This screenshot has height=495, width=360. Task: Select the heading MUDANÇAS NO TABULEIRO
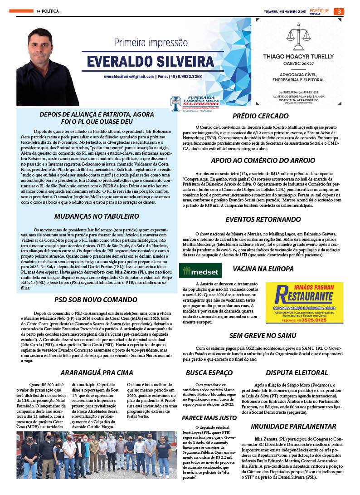click(x=96, y=216)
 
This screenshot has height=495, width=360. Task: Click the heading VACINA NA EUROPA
click(x=263, y=269)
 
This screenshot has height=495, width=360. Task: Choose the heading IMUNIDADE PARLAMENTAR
click(x=293, y=426)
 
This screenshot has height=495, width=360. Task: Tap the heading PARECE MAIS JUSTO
click(x=209, y=417)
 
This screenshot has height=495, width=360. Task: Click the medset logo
click(x=200, y=270)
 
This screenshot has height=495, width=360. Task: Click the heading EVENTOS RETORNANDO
click(x=263, y=220)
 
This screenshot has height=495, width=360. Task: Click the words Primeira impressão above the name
click(x=151, y=43)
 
